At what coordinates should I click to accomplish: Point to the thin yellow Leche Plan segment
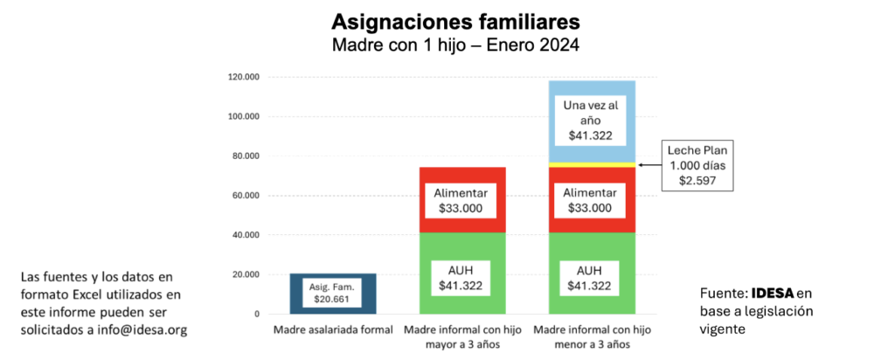pos(591,164)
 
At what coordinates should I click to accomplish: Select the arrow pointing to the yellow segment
pos(648,164)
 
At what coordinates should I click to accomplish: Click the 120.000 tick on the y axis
pos(244,77)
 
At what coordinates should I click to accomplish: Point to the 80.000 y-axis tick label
pos(246,156)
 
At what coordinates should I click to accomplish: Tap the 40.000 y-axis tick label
pos(246,235)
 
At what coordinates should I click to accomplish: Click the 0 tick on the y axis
pos(256,314)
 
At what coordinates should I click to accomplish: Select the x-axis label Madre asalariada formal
pos(322,330)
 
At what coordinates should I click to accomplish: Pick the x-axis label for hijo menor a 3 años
pos(591,336)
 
